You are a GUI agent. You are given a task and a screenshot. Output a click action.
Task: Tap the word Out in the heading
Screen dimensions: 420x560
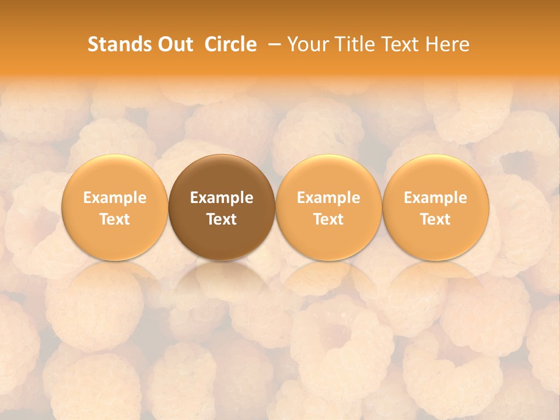pyautogui.click(x=173, y=44)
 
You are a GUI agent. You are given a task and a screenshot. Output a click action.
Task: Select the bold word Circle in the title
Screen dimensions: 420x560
pyautogui.click(x=230, y=44)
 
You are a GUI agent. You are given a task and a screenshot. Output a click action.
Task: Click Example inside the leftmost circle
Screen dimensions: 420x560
pyautogui.click(x=115, y=198)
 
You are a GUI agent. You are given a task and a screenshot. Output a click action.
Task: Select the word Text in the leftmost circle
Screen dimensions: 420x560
pyautogui.click(x=115, y=219)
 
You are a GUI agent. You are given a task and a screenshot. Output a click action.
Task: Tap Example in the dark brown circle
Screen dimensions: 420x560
pyautogui.click(x=222, y=198)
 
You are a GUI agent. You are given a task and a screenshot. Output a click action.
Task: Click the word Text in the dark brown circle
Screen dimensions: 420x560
pyautogui.click(x=222, y=219)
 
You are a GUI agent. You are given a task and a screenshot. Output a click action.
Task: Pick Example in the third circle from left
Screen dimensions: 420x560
pyautogui.click(x=328, y=198)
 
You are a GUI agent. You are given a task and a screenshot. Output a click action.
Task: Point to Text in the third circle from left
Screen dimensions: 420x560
pyautogui.click(x=328, y=219)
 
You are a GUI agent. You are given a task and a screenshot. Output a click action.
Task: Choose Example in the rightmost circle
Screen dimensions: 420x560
pyautogui.click(x=435, y=198)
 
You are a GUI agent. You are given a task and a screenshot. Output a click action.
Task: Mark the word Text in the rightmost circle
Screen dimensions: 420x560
pyautogui.click(x=435, y=219)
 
